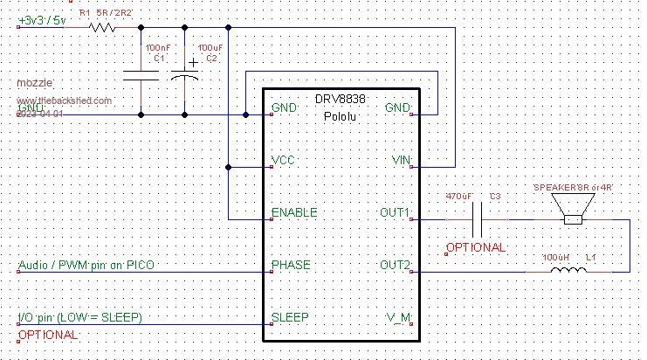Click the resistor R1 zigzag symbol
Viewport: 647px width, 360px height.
coord(102,27)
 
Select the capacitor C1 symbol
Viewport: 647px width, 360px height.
coord(141,77)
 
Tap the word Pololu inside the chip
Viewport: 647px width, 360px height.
coord(341,115)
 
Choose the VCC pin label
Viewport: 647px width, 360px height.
coord(284,161)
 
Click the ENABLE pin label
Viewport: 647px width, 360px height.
coord(294,213)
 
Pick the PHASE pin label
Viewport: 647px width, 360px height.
coord(291,266)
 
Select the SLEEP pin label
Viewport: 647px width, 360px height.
coord(291,318)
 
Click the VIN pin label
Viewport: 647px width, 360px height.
coord(401,161)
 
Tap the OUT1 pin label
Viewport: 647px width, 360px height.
coord(395,213)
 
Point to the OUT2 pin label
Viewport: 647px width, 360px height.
coord(395,266)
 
